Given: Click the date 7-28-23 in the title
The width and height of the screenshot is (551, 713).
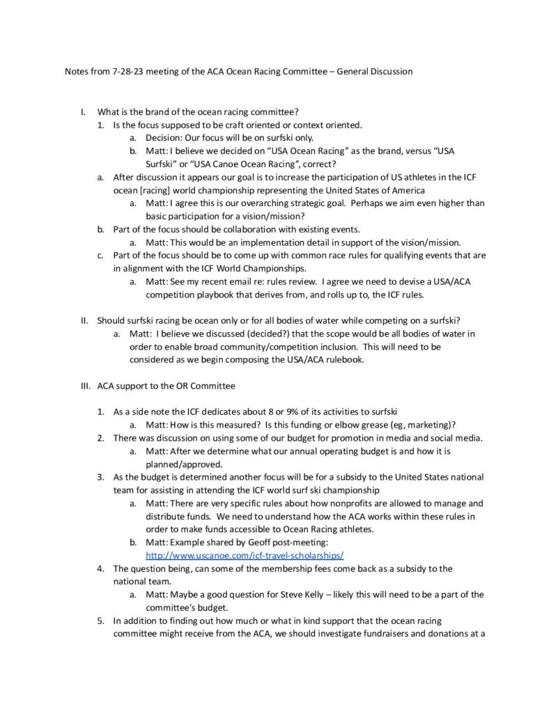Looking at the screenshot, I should (x=125, y=72).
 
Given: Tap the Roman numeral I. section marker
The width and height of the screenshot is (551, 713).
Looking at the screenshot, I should (x=84, y=112).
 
